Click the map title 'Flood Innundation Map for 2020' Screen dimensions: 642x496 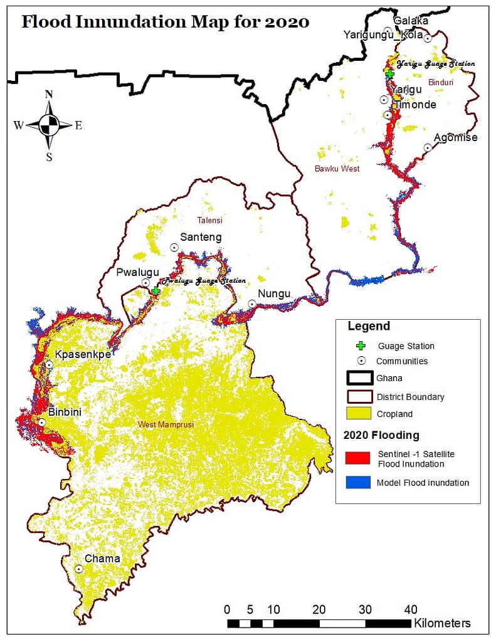[x=166, y=22]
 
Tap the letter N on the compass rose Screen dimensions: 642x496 [x=49, y=95]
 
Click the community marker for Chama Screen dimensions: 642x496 [x=79, y=569]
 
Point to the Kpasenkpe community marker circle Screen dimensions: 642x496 [x=49, y=364]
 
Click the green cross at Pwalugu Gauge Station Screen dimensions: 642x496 [x=156, y=290]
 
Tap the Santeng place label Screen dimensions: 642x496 [x=201, y=237]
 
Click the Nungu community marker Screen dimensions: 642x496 [x=251, y=303]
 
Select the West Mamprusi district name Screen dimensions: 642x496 [x=166, y=425]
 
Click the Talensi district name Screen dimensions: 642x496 [x=211, y=220]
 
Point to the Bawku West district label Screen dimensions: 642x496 [x=337, y=169]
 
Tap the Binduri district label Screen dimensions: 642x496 [x=440, y=82]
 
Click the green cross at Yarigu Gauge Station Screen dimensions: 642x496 [x=389, y=74]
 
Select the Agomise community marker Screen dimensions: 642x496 [x=428, y=147]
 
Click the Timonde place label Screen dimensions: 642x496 [x=414, y=105]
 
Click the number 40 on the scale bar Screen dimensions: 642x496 [x=411, y=609]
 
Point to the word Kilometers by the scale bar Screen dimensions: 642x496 [x=442, y=623]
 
